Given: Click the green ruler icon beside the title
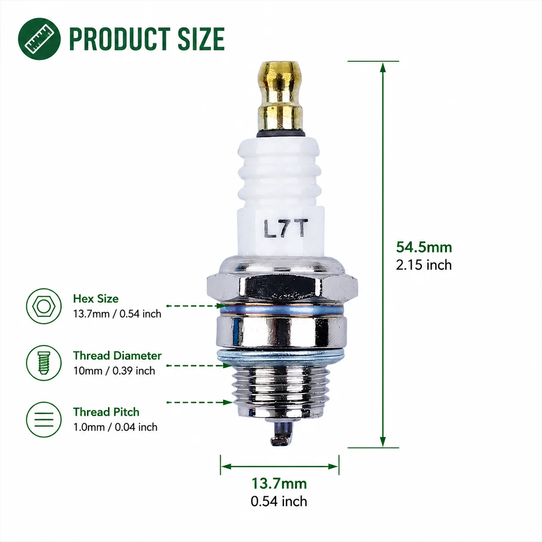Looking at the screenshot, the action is pyautogui.click(x=39, y=39).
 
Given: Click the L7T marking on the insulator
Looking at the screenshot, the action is pyautogui.click(x=286, y=228).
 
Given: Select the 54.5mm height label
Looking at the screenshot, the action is pyautogui.click(x=424, y=247).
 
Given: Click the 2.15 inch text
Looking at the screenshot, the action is pyautogui.click(x=424, y=265).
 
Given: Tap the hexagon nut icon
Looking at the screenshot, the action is pyautogui.click(x=44, y=306).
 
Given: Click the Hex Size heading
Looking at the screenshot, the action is pyautogui.click(x=96, y=298).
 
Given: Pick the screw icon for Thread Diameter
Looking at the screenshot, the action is pyautogui.click(x=44, y=363).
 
